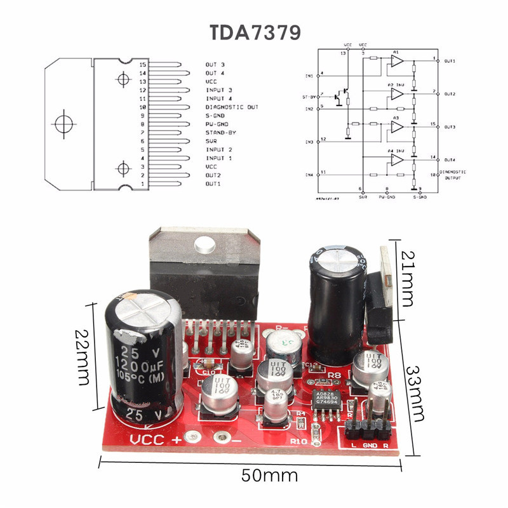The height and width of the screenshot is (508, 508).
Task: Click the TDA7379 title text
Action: [x=254, y=32]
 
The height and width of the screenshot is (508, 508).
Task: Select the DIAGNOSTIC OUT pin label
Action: [x=232, y=107]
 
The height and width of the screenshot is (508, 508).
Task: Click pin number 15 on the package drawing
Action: [x=143, y=65]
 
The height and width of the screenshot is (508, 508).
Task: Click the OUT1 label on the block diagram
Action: [x=450, y=61]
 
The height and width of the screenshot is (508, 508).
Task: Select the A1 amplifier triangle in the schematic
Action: [x=397, y=61]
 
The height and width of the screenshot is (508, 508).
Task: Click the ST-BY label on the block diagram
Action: [x=308, y=97]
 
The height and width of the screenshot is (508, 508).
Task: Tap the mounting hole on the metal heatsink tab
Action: [x=204, y=244]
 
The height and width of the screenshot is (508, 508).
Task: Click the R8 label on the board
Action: [x=336, y=374]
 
